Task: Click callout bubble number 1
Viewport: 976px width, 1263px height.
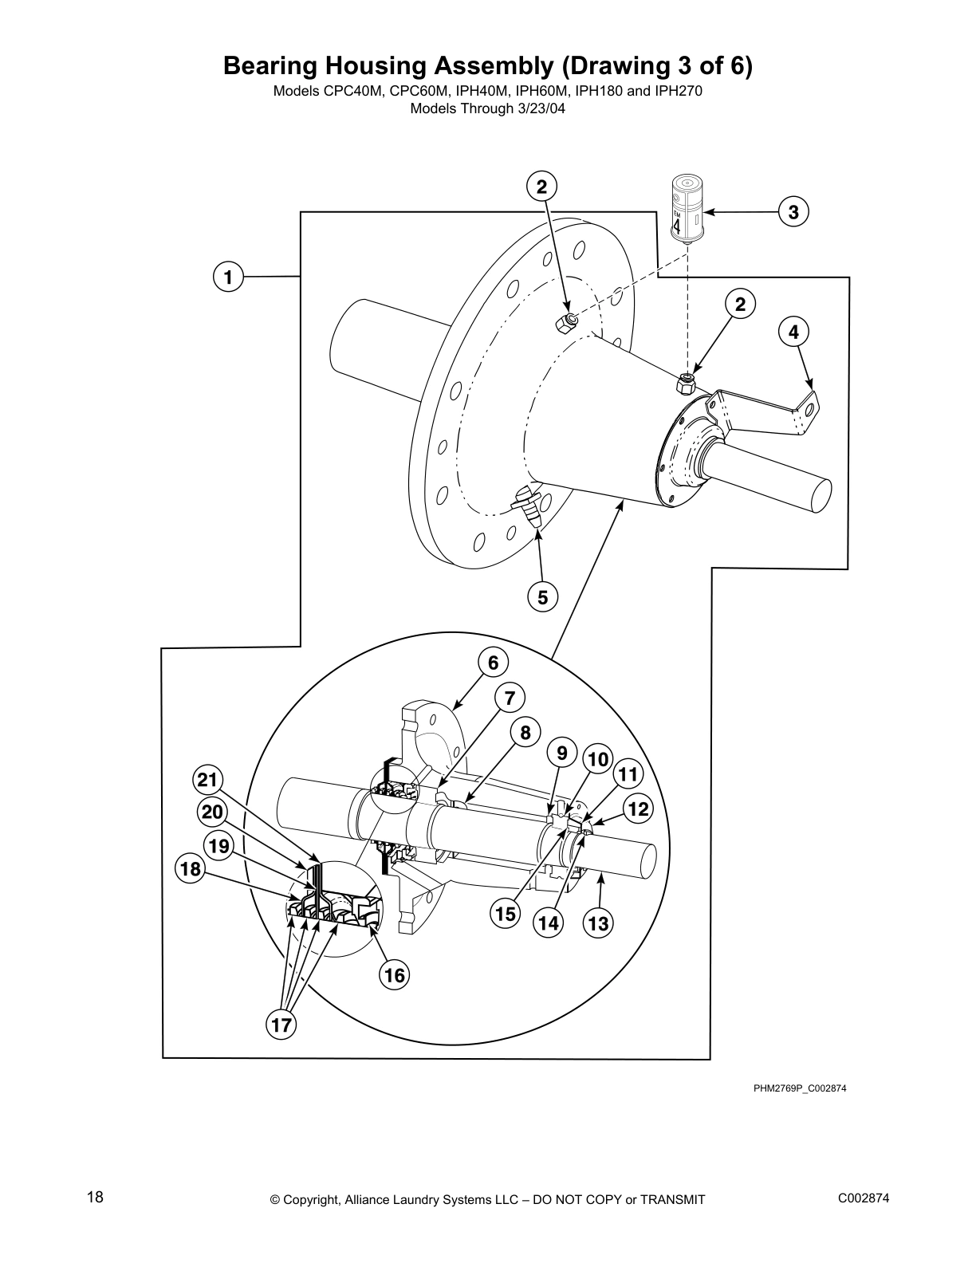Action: (x=228, y=277)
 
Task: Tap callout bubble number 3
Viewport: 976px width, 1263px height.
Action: (x=793, y=212)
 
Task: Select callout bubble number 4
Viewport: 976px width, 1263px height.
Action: (x=793, y=332)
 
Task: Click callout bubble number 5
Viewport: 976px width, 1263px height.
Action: (x=542, y=596)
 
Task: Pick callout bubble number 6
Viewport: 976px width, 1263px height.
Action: (x=493, y=663)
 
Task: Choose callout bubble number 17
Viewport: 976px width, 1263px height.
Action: (x=281, y=1025)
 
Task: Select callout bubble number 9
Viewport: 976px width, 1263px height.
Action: (x=562, y=753)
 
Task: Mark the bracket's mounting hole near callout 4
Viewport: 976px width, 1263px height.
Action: (x=810, y=409)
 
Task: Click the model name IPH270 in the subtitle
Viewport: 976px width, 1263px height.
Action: (x=678, y=91)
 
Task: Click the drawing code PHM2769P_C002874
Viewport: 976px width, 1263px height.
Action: (x=799, y=1088)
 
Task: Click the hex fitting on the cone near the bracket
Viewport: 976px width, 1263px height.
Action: (x=685, y=384)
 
